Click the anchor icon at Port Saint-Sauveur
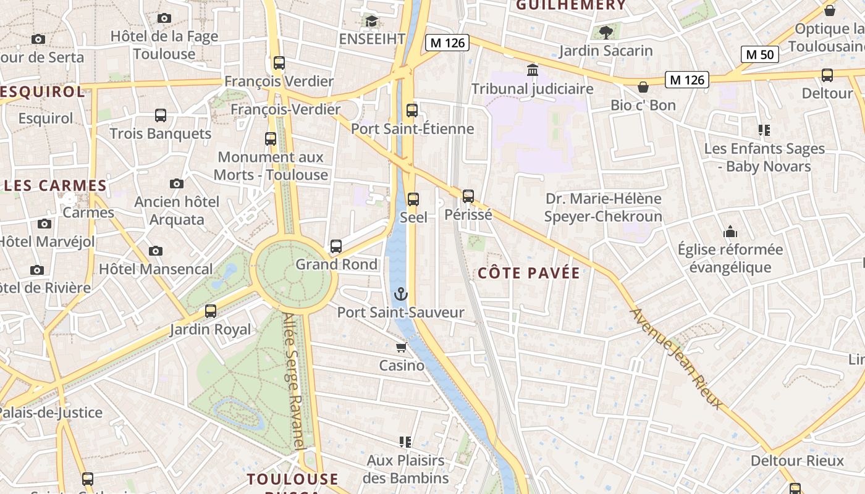point(402,294)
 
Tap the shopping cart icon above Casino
point(402,348)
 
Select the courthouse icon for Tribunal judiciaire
point(532,70)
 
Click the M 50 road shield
point(759,54)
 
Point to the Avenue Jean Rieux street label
point(675,358)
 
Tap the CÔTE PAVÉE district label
point(530,273)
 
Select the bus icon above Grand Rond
point(336,246)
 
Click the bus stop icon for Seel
point(413,199)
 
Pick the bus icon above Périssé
point(468,196)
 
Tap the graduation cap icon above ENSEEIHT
point(371,21)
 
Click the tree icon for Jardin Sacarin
point(605,32)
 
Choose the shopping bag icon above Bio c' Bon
point(643,87)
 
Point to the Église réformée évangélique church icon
point(730,232)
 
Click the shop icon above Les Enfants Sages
point(764,130)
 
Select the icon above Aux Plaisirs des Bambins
point(405,442)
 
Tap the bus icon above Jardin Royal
point(211,311)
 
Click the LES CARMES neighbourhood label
point(56,185)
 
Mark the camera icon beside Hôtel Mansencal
point(156,251)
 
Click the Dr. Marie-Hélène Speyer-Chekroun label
point(603,207)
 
